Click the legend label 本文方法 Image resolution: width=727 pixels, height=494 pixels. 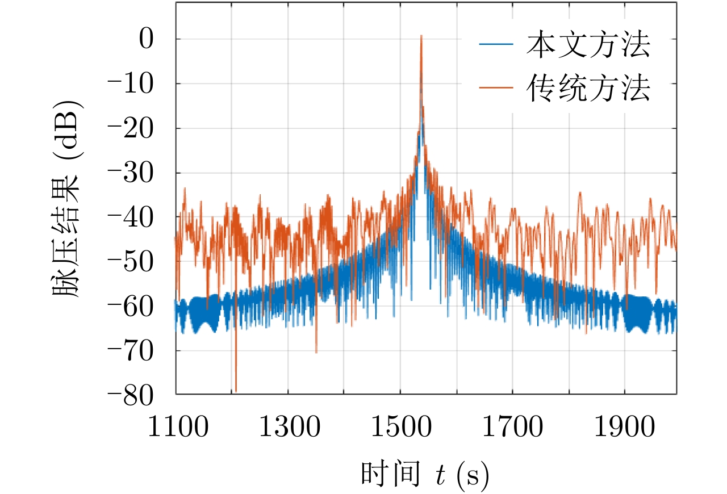pos(588,46)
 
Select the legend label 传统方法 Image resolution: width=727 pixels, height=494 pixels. pos(588,89)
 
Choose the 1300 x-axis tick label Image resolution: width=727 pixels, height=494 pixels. pos(288,427)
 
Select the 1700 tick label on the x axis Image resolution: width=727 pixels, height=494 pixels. pos(512,427)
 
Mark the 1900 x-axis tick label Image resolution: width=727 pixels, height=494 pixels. pos(624,427)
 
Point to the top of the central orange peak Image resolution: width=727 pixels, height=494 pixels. pos(421,36)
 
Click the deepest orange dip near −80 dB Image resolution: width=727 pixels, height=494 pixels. pos(235,391)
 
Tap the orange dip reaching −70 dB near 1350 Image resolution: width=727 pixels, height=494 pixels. pos(316,352)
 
